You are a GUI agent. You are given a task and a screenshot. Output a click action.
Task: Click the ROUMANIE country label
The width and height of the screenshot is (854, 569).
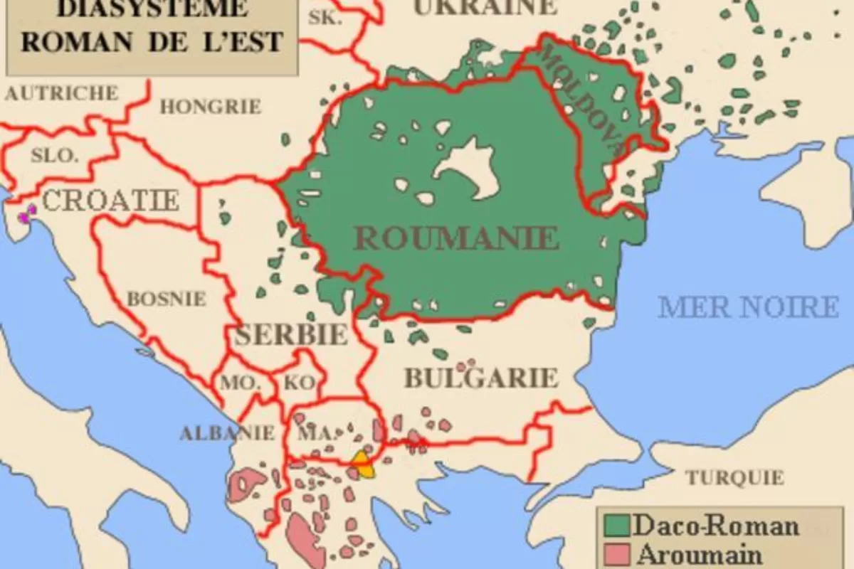(x=455, y=238)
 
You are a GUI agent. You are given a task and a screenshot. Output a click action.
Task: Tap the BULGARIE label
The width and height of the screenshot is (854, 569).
(x=480, y=378)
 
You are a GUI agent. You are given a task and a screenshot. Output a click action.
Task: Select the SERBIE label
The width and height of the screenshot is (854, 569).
(x=291, y=334)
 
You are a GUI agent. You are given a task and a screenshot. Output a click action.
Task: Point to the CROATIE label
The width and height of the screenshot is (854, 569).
(x=110, y=201)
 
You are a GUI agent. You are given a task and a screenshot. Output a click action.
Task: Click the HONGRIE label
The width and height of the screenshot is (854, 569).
(x=210, y=107)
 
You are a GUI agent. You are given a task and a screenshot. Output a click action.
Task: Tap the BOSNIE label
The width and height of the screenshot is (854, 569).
(x=166, y=299)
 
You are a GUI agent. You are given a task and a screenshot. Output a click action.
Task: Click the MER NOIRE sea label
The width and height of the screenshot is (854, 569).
(x=749, y=307)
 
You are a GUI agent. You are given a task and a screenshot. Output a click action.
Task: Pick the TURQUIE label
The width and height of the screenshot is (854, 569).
(x=734, y=477)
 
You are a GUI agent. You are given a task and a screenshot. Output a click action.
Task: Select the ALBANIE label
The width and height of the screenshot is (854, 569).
(x=227, y=432)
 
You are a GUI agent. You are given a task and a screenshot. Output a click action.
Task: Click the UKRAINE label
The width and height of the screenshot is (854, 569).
(x=485, y=7)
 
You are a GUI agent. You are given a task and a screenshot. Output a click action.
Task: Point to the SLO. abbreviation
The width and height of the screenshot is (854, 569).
(x=55, y=155)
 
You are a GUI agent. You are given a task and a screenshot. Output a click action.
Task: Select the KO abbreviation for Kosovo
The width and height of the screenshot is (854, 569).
(x=300, y=383)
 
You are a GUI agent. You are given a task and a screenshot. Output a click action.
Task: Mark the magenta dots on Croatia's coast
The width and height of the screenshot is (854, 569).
(x=27, y=213)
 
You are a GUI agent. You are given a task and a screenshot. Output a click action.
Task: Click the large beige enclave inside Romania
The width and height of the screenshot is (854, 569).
(x=471, y=169)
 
